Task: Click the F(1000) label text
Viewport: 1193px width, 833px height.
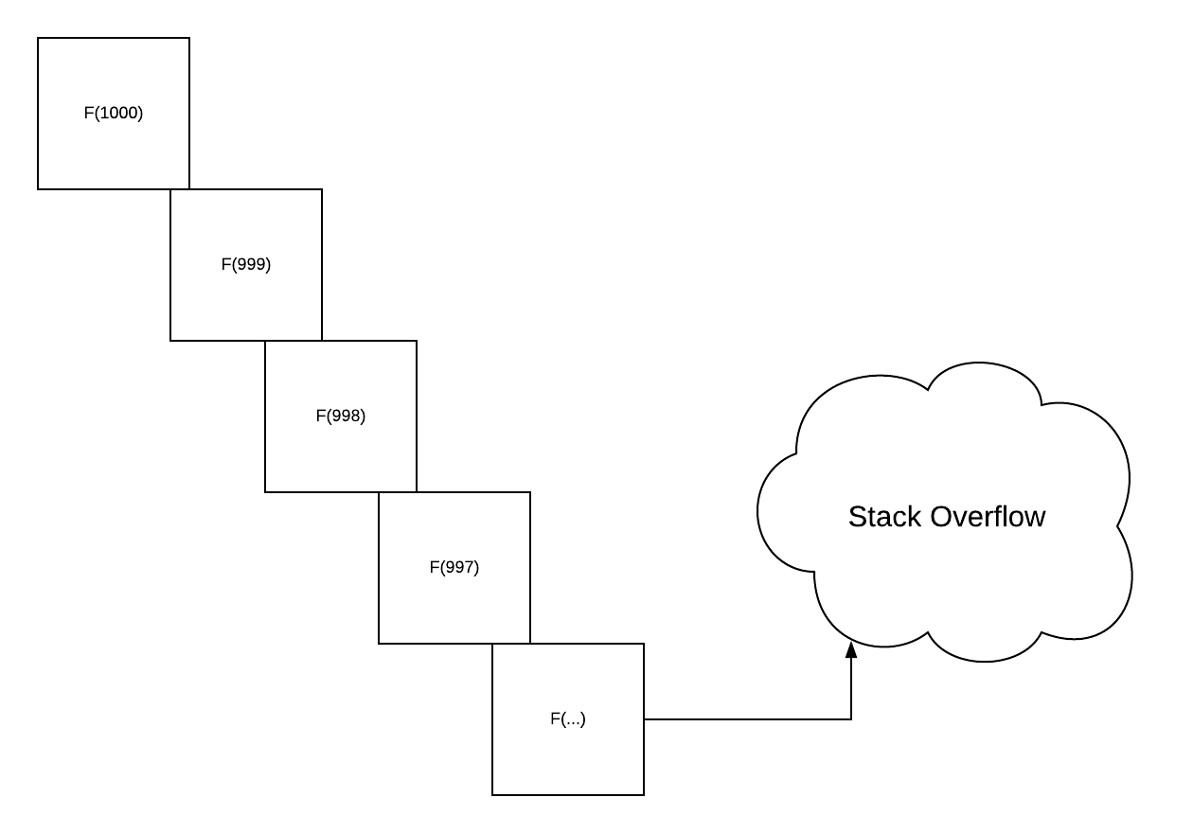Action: (x=114, y=113)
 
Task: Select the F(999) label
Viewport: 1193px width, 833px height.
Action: (x=246, y=264)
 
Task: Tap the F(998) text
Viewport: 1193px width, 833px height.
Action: (x=341, y=416)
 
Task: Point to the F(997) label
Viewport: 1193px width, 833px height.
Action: (x=454, y=567)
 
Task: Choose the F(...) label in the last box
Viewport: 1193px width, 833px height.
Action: (x=568, y=718)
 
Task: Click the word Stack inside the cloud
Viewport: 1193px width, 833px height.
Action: (x=884, y=517)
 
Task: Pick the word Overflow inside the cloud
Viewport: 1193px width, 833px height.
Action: (x=988, y=517)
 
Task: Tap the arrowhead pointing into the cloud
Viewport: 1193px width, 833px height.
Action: (x=851, y=649)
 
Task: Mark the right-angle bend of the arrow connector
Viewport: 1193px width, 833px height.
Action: (x=851, y=719)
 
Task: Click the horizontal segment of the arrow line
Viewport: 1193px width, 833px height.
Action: (x=748, y=719)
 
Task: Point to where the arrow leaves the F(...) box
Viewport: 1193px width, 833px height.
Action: (x=645, y=719)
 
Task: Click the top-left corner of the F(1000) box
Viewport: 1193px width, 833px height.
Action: (x=38, y=38)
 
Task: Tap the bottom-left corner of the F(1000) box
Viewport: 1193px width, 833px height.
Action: (x=38, y=189)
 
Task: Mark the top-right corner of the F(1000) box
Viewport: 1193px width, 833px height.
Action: (x=189, y=38)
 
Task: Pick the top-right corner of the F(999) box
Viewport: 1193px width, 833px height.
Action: (x=322, y=189)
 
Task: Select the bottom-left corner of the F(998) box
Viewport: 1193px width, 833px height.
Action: (x=265, y=492)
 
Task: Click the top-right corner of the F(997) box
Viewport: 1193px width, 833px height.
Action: (x=530, y=492)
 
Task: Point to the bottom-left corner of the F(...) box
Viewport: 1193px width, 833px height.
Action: (x=492, y=795)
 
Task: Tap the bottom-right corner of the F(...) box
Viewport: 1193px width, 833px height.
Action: (x=644, y=795)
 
